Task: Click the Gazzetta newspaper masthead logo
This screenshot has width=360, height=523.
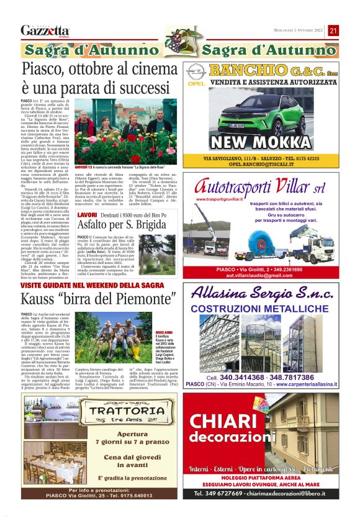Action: point(44,30)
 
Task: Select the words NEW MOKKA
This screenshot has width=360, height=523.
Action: point(271,143)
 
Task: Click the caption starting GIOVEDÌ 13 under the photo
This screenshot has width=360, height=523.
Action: point(111,168)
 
